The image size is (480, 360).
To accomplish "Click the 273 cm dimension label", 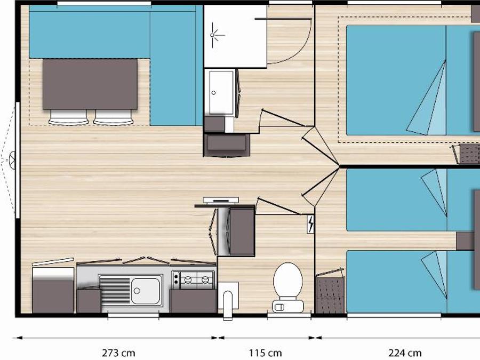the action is [x=118, y=353].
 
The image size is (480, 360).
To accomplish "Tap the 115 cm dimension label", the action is [x=266, y=353].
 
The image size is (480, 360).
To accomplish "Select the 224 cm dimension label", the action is [x=405, y=353].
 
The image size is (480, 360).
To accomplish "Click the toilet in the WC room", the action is [x=288, y=288].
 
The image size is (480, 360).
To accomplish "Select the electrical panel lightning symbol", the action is [x=311, y=224].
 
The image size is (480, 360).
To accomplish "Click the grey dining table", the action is [x=90, y=84].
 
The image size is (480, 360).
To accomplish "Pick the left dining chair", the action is [x=68, y=117].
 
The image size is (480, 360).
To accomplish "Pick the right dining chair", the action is [x=113, y=117].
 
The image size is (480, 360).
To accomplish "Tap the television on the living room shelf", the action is [x=221, y=200].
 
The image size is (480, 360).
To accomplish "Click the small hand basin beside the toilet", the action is [x=228, y=300].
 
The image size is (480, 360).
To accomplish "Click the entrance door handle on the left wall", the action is [x=12, y=160].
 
